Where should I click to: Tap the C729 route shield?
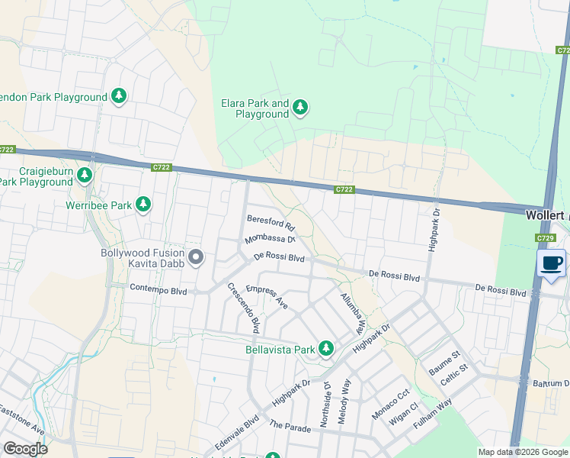pyautogui.click(x=544, y=239)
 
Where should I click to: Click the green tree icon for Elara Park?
pyautogui.click(x=300, y=108)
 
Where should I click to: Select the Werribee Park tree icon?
pyautogui.click(x=142, y=205)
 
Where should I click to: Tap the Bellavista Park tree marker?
pyautogui.click(x=326, y=349)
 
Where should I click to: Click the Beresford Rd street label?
pyautogui.click(x=271, y=222)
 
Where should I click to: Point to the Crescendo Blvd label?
pyautogui.click(x=244, y=308)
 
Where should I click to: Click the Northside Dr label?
pyautogui.click(x=327, y=405)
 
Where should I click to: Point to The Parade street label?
pyautogui.click(x=290, y=427)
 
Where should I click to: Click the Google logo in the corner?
pyautogui.click(x=25, y=448)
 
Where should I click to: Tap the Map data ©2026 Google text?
pyautogui.click(x=522, y=452)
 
